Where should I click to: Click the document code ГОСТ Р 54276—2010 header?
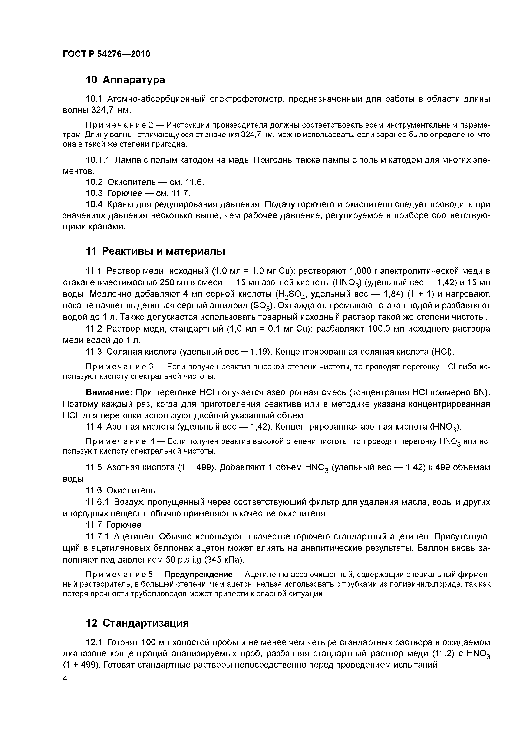pyautogui.click(x=106, y=54)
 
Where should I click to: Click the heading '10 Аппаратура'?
pyautogui.click(x=125, y=80)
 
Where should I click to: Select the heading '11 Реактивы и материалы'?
pyautogui.click(x=155, y=251)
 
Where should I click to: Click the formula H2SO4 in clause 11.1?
pyautogui.click(x=291, y=294)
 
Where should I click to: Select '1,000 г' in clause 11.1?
pyautogui.click(x=364, y=271)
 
